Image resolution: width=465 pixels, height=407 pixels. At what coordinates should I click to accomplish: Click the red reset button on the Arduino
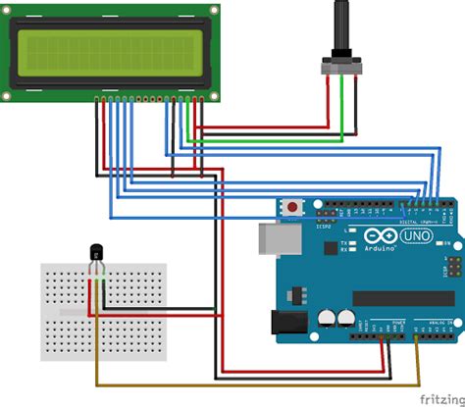click(x=293, y=207)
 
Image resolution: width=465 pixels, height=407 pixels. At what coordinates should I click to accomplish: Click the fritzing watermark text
click(x=441, y=398)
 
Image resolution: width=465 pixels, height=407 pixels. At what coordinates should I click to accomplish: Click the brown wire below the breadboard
click(x=245, y=384)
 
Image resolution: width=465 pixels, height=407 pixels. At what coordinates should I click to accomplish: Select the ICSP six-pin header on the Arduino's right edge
click(x=453, y=266)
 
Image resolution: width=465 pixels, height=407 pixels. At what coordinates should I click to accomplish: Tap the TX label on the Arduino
click(x=342, y=242)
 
